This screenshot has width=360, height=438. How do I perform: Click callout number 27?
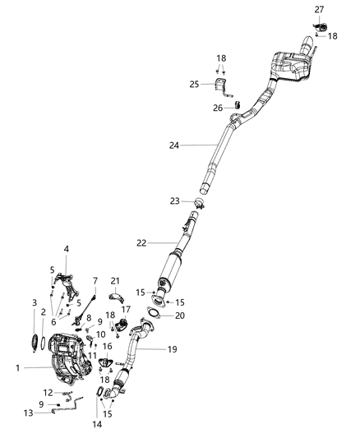[319, 8]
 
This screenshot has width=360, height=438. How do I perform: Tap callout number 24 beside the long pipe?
[173, 145]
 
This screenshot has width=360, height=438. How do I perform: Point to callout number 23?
[175, 201]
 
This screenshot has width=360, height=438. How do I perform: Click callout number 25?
[194, 84]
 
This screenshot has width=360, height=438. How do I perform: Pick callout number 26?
[218, 108]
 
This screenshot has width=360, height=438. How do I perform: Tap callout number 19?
[171, 348]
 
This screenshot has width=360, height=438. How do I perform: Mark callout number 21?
[116, 281]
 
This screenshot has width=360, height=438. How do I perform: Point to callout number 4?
[66, 249]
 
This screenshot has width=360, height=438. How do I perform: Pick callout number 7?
[95, 281]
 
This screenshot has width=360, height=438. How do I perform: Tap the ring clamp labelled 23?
[198, 202]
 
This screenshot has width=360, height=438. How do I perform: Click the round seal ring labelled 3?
[35, 341]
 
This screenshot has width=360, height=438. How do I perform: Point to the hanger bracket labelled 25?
[220, 86]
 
